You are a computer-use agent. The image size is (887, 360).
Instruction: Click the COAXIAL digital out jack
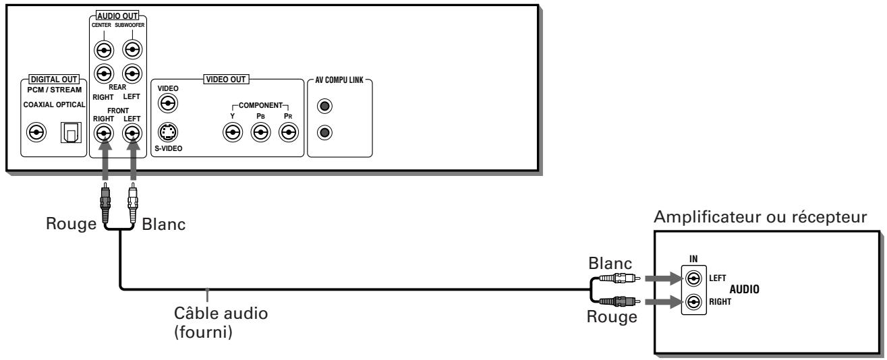[36, 132]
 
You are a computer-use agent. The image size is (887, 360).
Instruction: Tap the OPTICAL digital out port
[71, 133]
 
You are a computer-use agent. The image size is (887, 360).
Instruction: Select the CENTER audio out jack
[104, 51]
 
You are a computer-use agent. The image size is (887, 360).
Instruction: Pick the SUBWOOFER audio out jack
[132, 50]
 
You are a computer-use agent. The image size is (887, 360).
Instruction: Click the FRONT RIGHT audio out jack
[104, 133]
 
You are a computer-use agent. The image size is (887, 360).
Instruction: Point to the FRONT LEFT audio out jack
[132, 133]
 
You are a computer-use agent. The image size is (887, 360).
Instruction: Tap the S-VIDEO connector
[168, 132]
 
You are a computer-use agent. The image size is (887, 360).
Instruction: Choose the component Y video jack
[233, 133]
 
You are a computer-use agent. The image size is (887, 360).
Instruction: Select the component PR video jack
[288, 133]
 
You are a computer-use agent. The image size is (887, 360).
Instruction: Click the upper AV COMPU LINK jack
[324, 106]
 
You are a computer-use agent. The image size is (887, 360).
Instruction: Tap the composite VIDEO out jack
[168, 104]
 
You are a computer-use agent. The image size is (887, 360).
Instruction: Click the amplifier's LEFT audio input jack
[693, 278]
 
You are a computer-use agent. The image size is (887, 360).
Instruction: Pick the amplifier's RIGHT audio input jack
[693, 303]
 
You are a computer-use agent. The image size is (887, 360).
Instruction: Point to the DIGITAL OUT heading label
[54, 79]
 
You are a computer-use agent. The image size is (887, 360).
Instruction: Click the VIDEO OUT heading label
[226, 79]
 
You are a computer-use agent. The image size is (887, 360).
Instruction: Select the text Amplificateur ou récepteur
[760, 217]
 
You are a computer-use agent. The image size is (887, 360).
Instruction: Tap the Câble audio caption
[221, 313]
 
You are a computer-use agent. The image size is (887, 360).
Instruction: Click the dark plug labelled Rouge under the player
[105, 202]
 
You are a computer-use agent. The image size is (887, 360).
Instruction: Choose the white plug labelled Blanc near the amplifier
[619, 278]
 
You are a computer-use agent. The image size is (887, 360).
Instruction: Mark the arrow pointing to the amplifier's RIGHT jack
[663, 302]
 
